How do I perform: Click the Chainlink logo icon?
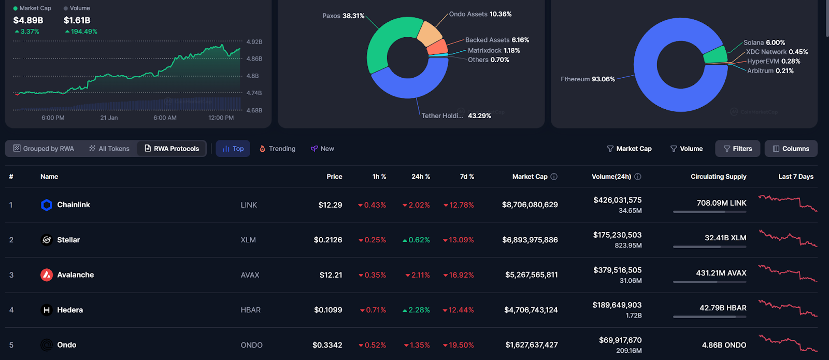click(47, 205)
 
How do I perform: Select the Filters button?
click(737, 149)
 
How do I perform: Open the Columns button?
click(791, 149)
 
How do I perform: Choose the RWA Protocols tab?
click(171, 149)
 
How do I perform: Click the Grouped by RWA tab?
click(44, 149)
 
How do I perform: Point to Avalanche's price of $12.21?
click(331, 275)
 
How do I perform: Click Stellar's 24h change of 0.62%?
click(419, 240)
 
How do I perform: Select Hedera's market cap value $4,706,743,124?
click(531, 310)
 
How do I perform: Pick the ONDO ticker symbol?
click(251, 345)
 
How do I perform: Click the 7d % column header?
click(467, 177)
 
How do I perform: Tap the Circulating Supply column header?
click(718, 177)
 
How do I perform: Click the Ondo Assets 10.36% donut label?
click(480, 15)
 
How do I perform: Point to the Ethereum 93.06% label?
click(588, 79)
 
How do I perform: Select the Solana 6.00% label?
click(764, 42)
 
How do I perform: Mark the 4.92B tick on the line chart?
click(254, 42)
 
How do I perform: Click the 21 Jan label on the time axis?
click(109, 118)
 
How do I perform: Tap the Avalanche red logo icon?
click(47, 275)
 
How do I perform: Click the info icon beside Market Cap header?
click(554, 177)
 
